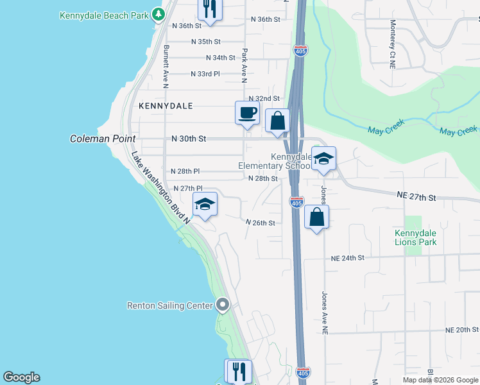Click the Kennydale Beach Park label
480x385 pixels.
coord(103,15)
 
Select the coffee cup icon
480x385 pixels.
coord(247,113)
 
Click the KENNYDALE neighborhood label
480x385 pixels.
coord(166,105)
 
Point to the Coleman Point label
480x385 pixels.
coord(103,139)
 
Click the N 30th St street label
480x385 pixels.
coord(189,139)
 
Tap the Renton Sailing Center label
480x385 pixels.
coord(170,305)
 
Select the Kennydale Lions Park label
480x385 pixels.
coord(416,237)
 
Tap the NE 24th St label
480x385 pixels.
coord(347,258)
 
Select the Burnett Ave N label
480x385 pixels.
coord(166,66)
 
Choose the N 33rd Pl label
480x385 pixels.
coord(205,74)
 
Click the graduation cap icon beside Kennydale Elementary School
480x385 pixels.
coord(323,158)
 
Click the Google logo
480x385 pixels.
coord(21,377)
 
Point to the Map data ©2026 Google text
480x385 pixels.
coord(440,380)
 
